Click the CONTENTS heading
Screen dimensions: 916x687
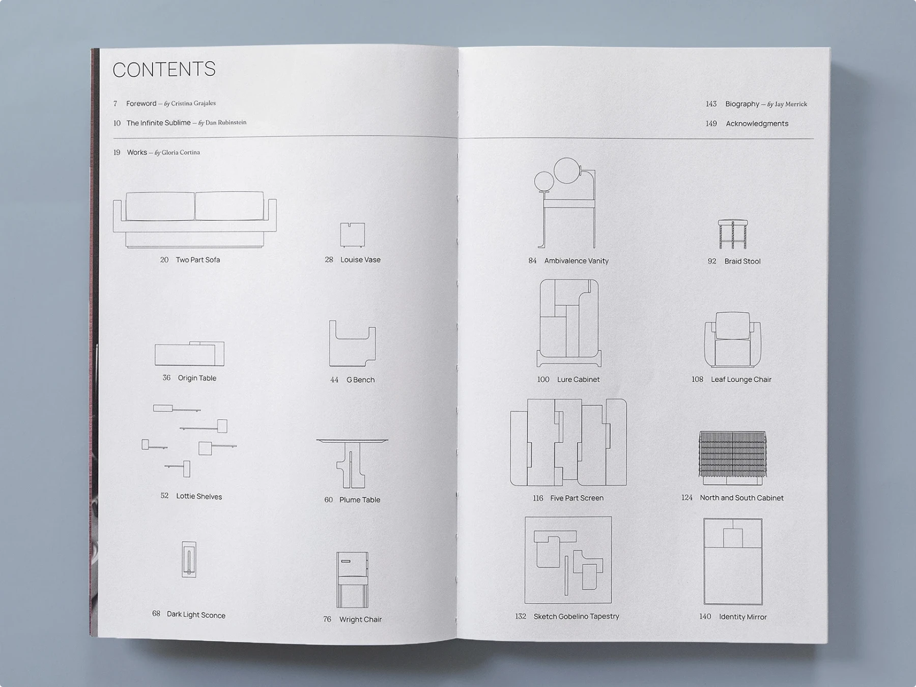164,70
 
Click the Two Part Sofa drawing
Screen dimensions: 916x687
194,220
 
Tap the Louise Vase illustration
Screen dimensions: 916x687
352,235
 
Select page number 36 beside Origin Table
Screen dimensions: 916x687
166,378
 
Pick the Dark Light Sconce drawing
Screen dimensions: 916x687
189,559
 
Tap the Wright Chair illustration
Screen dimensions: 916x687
352,580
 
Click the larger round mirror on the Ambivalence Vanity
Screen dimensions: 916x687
566,170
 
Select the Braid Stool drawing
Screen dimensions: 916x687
733,234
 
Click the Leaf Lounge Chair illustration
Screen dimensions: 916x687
732,339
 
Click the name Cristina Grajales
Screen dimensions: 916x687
193,103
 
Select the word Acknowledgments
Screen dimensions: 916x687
757,124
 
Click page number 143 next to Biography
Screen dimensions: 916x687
711,104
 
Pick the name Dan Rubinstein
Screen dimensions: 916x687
226,123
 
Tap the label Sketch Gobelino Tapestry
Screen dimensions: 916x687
576,616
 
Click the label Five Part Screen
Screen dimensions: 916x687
577,498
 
